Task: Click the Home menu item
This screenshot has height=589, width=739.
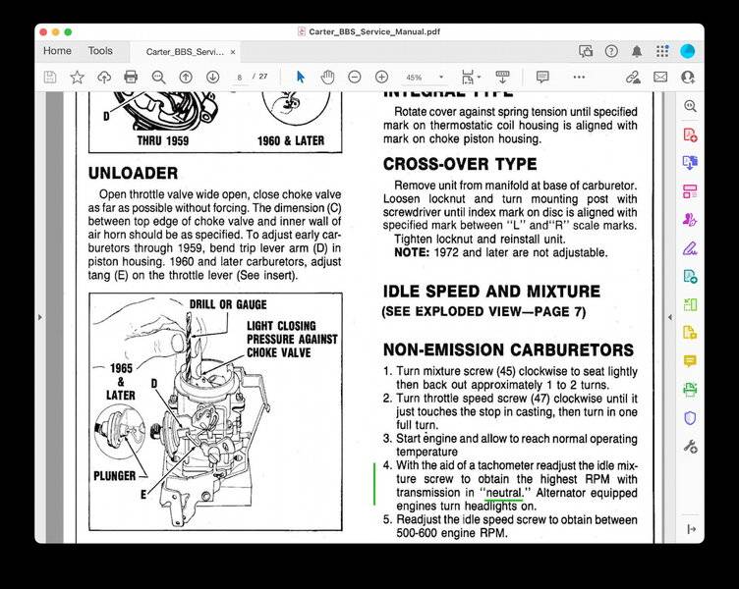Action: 57,51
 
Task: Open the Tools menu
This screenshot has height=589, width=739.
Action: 100,51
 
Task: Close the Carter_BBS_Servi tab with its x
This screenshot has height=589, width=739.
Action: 233,51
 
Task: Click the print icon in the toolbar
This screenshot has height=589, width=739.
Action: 131,77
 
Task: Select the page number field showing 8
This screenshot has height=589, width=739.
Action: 239,77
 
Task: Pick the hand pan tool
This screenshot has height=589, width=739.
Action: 327,77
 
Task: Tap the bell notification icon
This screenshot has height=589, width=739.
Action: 637,51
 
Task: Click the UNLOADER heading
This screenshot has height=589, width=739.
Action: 133,173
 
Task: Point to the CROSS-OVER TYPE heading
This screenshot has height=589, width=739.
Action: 459,164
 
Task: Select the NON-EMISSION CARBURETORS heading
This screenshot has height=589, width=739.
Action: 507,349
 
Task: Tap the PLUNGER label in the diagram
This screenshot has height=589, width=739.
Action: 116,474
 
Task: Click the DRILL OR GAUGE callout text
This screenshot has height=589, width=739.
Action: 227,304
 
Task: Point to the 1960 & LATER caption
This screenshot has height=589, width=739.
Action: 290,140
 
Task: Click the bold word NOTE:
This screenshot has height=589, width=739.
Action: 413,252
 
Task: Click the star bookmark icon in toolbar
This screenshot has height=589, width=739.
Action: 77,77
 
